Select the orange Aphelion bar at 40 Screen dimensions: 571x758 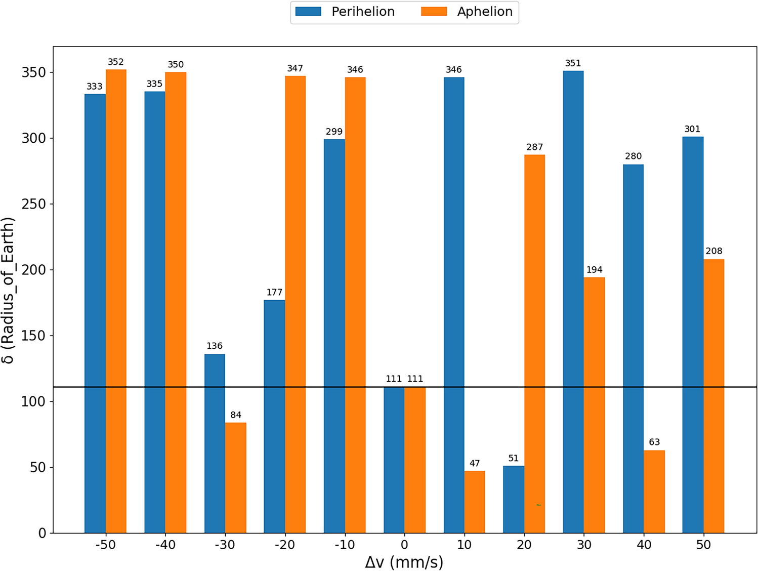(654, 492)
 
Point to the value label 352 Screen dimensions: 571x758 (116, 62)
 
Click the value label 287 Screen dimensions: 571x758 (534, 147)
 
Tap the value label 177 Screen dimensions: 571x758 (274, 292)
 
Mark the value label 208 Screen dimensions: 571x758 (714, 251)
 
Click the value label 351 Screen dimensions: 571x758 (573, 63)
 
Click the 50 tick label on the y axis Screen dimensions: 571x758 (37, 467)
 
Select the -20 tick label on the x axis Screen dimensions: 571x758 (285, 545)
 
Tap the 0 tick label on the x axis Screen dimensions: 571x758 (404, 545)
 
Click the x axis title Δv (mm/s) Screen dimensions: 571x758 (404, 562)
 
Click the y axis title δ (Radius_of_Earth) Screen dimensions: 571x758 (9, 290)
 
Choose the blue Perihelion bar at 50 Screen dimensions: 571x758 (693, 335)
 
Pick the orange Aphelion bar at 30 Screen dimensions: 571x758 (594, 405)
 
